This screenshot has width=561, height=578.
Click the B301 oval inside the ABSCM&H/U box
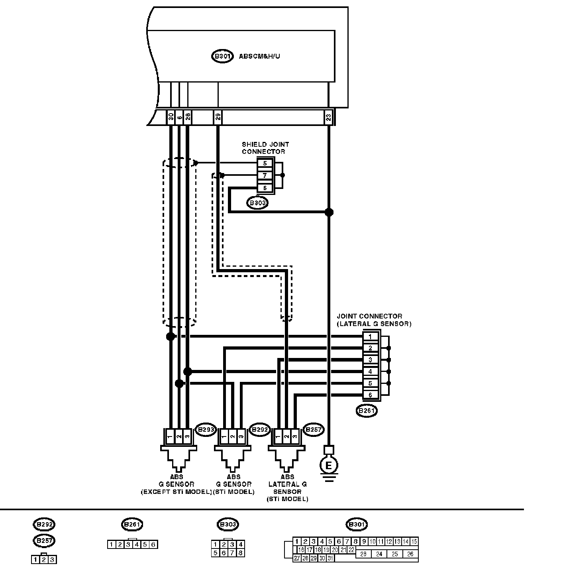(222, 56)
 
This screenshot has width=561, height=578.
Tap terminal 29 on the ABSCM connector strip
(218, 117)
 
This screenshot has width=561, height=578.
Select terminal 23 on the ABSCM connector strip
(328, 117)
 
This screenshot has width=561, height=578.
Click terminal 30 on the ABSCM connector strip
(171, 117)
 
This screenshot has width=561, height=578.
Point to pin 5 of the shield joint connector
(265, 163)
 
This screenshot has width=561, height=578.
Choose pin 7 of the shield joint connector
(265, 175)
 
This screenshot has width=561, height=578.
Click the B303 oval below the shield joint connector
(257, 202)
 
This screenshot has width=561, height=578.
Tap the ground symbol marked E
(329, 465)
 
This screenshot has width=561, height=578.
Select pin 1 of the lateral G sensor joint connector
(370, 336)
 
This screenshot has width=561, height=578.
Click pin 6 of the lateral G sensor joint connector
(370, 395)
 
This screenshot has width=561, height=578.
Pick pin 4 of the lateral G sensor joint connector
(370, 372)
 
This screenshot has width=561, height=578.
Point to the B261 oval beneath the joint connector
(367, 411)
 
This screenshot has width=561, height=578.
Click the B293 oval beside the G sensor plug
(206, 430)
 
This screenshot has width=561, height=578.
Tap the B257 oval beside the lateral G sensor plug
(314, 430)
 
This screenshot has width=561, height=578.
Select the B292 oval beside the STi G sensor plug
(259, 430)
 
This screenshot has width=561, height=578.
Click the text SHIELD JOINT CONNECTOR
(265, 148)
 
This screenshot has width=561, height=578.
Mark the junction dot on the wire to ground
(329, 212)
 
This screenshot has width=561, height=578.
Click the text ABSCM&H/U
(259, 56)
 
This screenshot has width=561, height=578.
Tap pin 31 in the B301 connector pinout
(331, 558)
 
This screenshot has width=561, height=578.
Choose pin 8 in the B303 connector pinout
(240, 553)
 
